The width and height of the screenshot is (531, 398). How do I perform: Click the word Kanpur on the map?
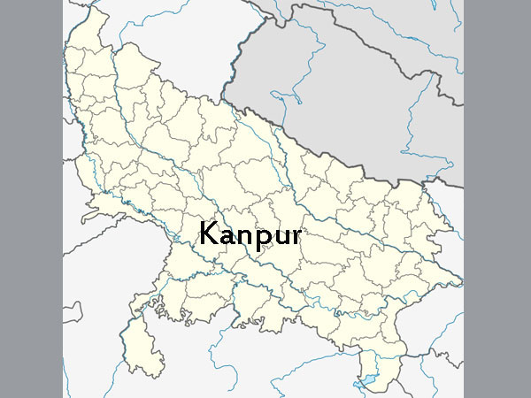(x=250, y=235)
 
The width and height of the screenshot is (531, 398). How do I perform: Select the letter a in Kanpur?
(x=225, y=237)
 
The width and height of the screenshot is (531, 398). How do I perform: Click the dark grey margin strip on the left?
(x=31, y=199)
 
